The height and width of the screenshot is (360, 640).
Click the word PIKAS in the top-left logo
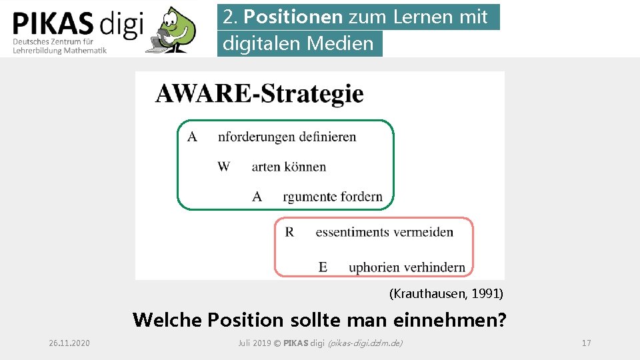tap(53, 25)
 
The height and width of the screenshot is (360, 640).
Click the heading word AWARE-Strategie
tap(259, 93)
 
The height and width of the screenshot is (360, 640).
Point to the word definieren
tap(327, 137)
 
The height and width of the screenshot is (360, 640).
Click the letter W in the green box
tap(223, 166)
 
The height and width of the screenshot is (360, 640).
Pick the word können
tap(305, 167)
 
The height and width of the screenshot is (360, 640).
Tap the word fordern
tap(362, 197)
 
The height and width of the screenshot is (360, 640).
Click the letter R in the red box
tap(289, 232)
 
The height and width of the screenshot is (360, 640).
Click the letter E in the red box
tap(323, 267)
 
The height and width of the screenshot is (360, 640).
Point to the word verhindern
tap(433, 267)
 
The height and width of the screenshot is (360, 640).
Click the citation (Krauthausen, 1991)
tap(446, 293)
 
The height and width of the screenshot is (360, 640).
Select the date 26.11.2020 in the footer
tap(69, 343)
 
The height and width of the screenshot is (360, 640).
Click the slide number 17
tap(586, 343)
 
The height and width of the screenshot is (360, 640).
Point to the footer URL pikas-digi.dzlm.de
tap(365, 343)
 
